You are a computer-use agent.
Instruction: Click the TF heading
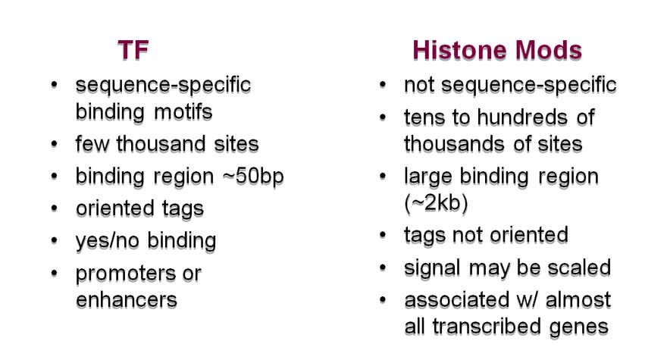133,50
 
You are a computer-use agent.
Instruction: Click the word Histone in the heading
460,50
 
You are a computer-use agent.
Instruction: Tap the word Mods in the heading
548,50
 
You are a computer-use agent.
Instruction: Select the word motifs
183,112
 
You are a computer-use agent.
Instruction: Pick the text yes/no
107,241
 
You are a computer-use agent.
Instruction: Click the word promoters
127,274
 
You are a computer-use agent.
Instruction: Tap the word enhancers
127,300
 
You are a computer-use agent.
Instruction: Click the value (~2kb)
436,203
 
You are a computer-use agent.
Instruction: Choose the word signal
432,268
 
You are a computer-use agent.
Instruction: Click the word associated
456,300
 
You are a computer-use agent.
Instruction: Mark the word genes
578,327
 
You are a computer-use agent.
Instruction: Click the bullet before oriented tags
54,208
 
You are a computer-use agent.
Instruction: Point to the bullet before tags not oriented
383,235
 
